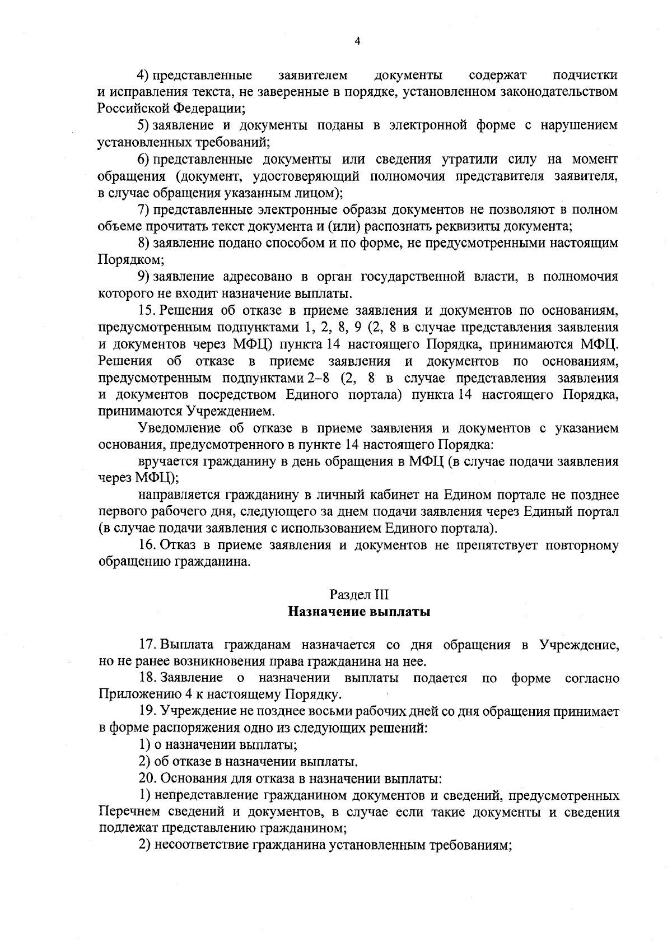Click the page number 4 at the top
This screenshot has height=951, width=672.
click(x=358, y=40)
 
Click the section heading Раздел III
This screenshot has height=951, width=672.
click(x=358, y=594)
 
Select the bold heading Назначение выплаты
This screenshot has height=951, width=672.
click(x=358, y=611)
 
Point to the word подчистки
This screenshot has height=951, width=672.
click(x=585, y=75)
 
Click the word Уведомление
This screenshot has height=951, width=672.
click(x=179, y=428)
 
